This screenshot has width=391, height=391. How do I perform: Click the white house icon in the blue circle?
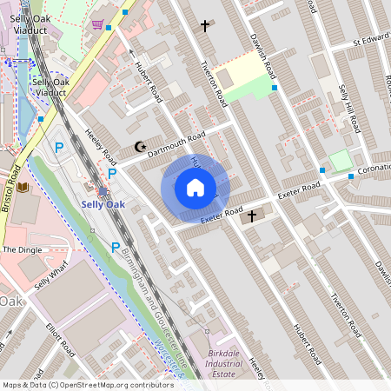195,187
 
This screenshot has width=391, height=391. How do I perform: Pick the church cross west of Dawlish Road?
205,26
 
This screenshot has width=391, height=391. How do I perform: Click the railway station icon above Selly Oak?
103,191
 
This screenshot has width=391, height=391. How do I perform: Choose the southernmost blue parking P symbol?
116,248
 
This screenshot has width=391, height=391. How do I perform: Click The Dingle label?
22,249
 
